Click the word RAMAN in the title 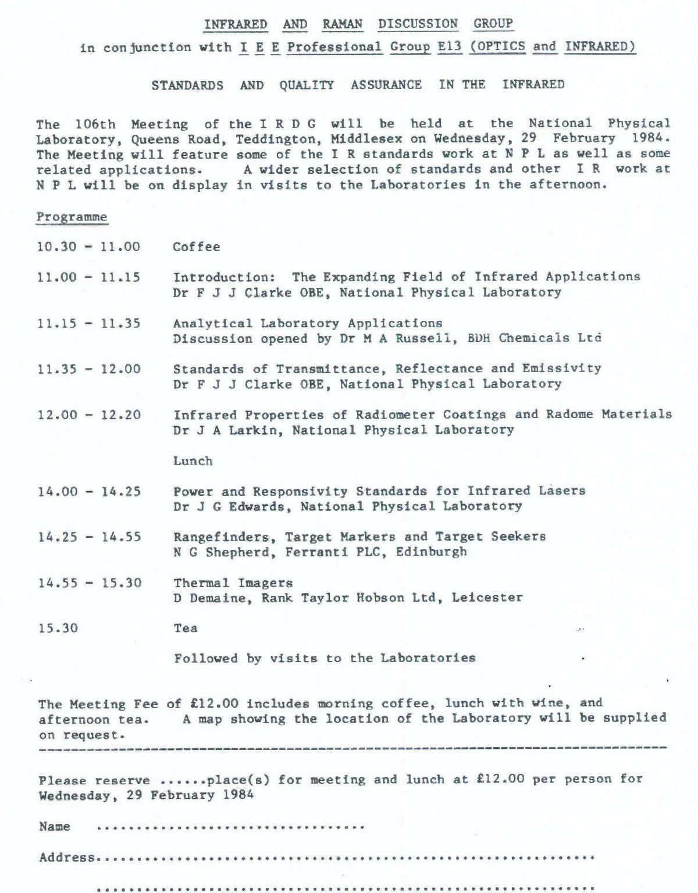click(x=343, y=24)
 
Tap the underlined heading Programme click(x=72, y=217)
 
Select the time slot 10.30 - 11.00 click(x=88, y=247)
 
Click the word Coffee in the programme click(x=197, y=247)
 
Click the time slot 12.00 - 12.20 click(x=89, y=415)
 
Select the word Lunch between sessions click(x=193, y=461)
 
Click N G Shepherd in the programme click(x=223, y=552)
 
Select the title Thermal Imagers click(x=233, y=583)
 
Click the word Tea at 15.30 click(x=186, y=628)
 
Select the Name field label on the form click(x=54, y=826)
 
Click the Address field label click(x=67, y=857)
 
